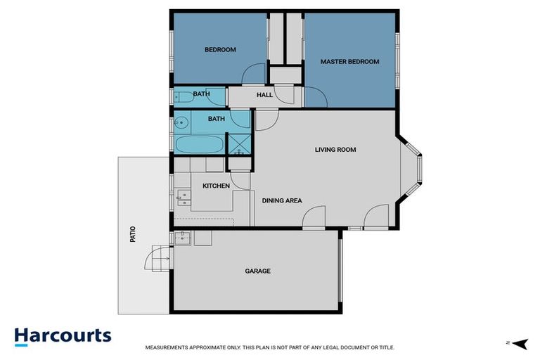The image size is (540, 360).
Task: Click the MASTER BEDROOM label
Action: (x=349, y=62)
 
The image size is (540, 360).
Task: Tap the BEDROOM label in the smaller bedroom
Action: (x=220, y=50)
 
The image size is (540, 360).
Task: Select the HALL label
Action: (x=264, y=95)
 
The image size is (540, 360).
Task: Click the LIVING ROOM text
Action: (x=335, y=150)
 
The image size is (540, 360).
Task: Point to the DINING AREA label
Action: (x=282, y=200)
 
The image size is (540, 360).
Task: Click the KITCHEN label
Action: (x=216, y=186)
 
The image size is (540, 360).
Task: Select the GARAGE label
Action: (x=257, y=271)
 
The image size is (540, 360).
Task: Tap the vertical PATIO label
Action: (x=132, y=234)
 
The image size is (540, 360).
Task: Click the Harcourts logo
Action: (x=63, y=335)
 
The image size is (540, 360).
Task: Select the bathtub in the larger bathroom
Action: (x=198, y=146)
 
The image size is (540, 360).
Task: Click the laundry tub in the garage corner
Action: (x=182, y=238)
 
